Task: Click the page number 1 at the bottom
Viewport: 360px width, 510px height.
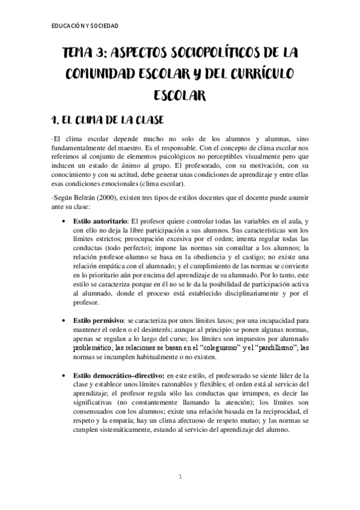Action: point(180,477)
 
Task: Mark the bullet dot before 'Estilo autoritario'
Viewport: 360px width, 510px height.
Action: point(64,222)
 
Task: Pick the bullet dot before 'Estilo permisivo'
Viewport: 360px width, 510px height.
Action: point(64,322)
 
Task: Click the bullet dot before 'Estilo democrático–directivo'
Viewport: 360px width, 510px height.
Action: point(64,375)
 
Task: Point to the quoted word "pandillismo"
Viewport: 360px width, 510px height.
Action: point(255,347)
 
